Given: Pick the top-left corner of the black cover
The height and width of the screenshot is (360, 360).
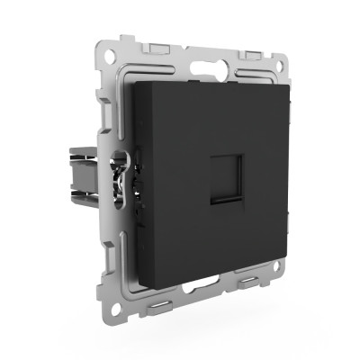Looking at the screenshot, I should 133,83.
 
